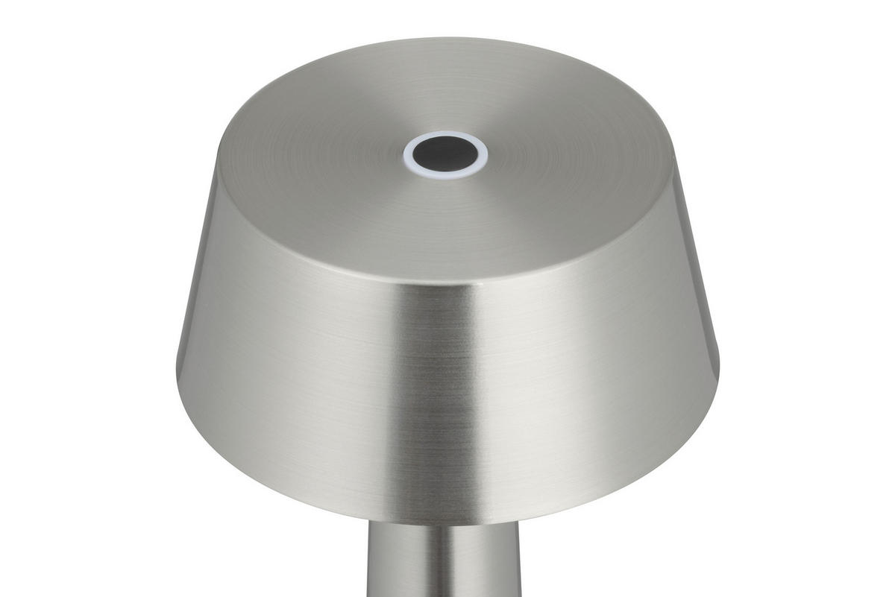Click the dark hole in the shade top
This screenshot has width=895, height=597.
click(x=446, y=154)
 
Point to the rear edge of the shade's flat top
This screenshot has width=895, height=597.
click(x=446, y=39)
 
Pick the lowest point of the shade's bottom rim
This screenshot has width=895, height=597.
click(x=446, y=524)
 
